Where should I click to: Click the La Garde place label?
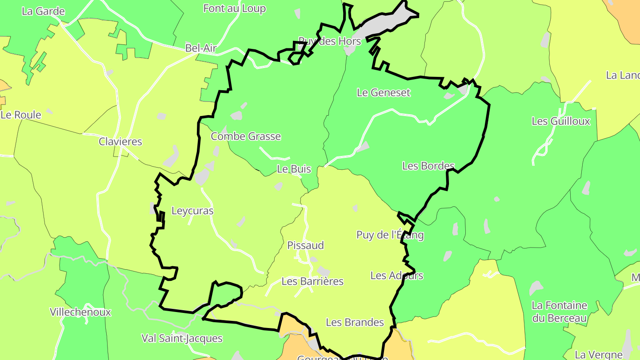[43, 12]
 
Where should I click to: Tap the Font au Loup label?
[234, 8]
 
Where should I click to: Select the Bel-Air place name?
[201, 48]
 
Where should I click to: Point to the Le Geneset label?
[384, 92]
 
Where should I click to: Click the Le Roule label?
[21, 115]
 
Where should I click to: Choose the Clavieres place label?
[120, 142]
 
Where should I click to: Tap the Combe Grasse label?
[246, 136]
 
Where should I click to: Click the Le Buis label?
[294, 169]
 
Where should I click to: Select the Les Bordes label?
[428, 166]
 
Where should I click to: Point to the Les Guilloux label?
[561, 121]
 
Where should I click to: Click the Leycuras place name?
[192, 211]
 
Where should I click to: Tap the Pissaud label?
[305, 245]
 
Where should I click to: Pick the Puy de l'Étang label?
[390, 235]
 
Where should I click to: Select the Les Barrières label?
[312, 281]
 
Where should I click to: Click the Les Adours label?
[396, 276]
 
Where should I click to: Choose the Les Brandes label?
[355, 322]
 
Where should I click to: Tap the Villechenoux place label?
[80, 312]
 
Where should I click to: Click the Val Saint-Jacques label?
[182, 338]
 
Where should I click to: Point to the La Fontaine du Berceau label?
[560, 312]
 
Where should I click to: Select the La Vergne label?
[598, 355]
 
